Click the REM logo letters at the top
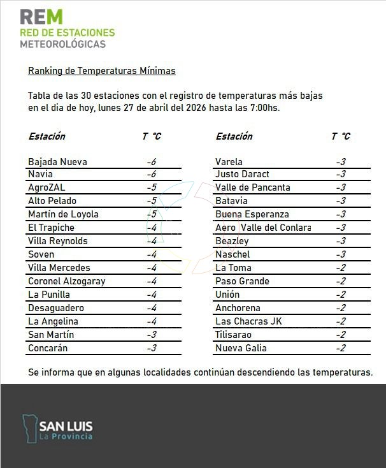point(41,17)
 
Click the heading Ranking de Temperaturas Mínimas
point(102,71)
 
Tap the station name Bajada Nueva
point(57,162)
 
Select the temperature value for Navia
point(151,174)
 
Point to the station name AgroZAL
point(46,187)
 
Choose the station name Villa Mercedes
point(59,268)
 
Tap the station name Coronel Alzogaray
point(67,281)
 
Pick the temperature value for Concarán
point(151,348)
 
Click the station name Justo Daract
point(242,174)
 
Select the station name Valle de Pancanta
point(253,187)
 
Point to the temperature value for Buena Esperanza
point(341,214)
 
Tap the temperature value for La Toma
point(341,268)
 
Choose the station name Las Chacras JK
point(248,321)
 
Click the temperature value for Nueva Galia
point(341,348)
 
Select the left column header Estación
point(46,136)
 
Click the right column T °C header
point(341,136)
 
